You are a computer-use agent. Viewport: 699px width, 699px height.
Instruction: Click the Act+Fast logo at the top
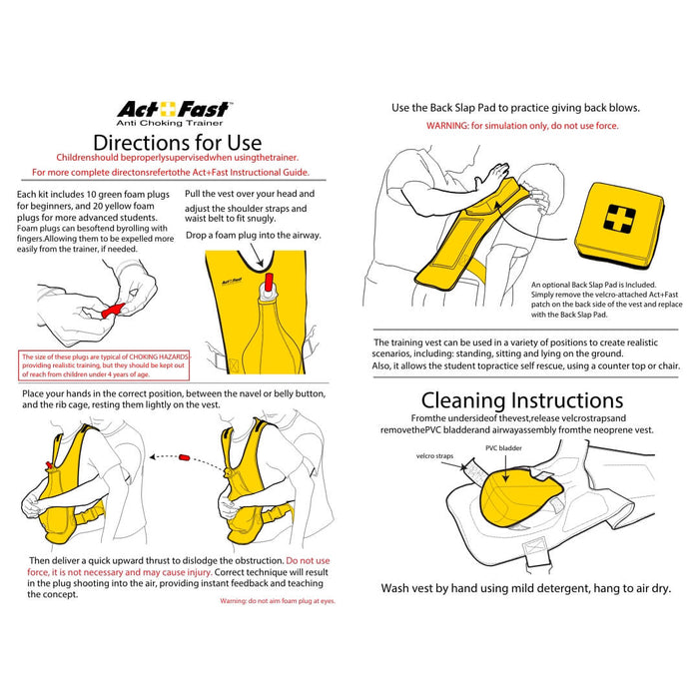tap(174, 109)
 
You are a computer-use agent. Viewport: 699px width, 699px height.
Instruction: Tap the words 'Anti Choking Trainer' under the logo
tap(175, 123)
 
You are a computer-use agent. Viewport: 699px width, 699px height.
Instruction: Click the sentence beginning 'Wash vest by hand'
tap(525, 588)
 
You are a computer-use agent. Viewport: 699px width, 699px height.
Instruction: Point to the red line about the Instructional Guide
tap(176, 171)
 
